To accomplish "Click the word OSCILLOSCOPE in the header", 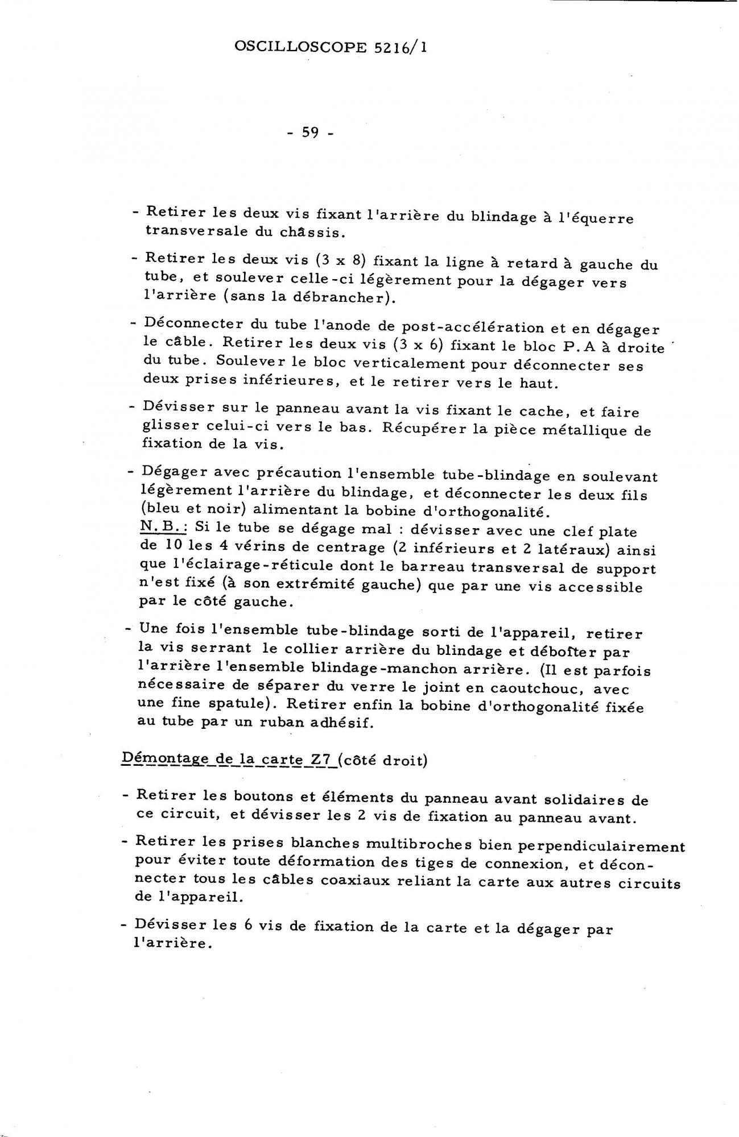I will (x=300, y=47).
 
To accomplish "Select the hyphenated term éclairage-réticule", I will (x=232, y=566).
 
